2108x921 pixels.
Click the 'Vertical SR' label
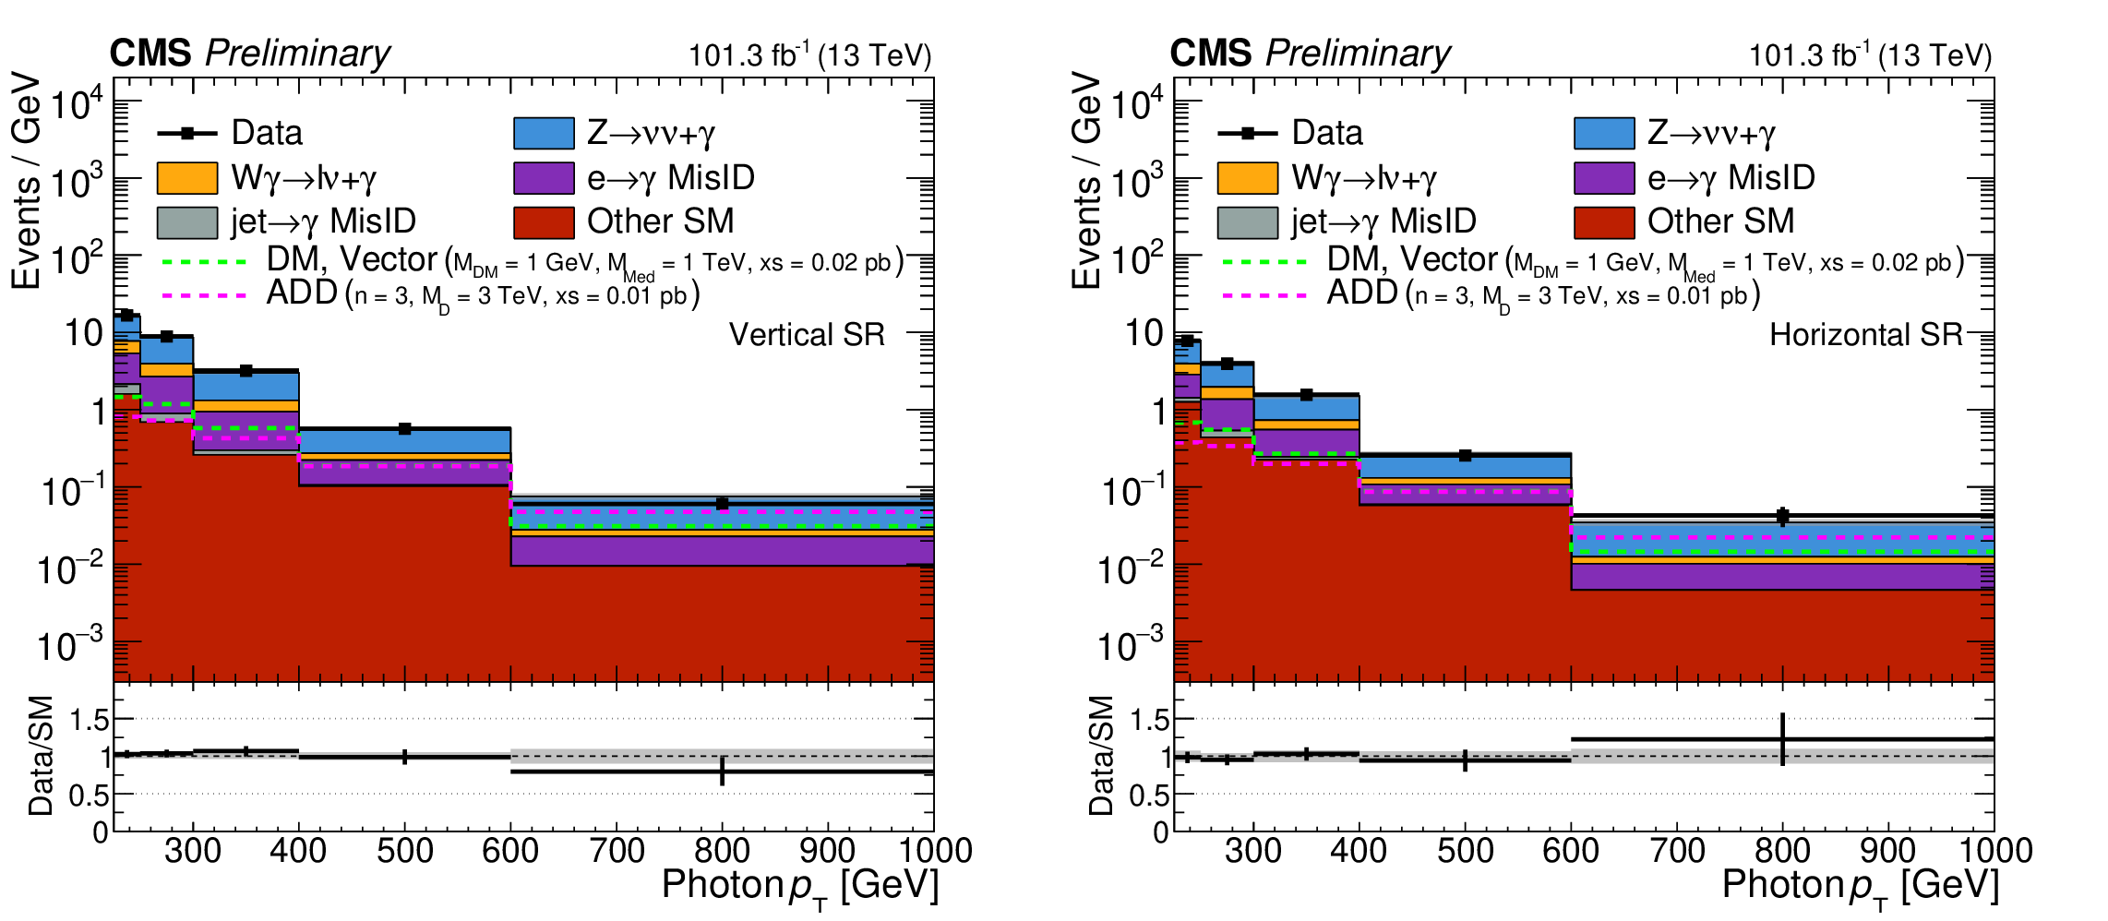[807, 334]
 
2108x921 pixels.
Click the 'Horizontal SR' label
[1865, 334]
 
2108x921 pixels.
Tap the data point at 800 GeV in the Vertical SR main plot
[722, 504]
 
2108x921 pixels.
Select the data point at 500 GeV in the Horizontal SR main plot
[1465, 455]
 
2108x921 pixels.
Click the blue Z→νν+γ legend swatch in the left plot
[544, 134]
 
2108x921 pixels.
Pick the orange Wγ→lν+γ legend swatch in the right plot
[1247, 178]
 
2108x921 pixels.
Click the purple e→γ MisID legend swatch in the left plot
[544, 178]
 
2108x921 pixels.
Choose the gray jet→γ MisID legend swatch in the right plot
[1247, 222]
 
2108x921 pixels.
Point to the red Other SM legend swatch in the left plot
[544, 222]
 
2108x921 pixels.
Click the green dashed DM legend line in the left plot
[204, 262]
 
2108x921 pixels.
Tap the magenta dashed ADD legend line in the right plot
[1264, 296]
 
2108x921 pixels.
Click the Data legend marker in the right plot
[1248, 134]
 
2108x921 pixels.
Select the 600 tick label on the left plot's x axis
[510, 851]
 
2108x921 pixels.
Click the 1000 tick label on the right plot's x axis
[1994, 851]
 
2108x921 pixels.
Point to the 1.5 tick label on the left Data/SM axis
[90, 720]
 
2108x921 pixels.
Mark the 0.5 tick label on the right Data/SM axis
[1149, 795]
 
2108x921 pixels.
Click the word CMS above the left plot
[150, 54]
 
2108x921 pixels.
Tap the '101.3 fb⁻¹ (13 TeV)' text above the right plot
[1870, 55]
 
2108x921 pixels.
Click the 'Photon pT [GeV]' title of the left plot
[799, 886]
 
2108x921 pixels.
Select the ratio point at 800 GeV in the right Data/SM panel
[1782, 739]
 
